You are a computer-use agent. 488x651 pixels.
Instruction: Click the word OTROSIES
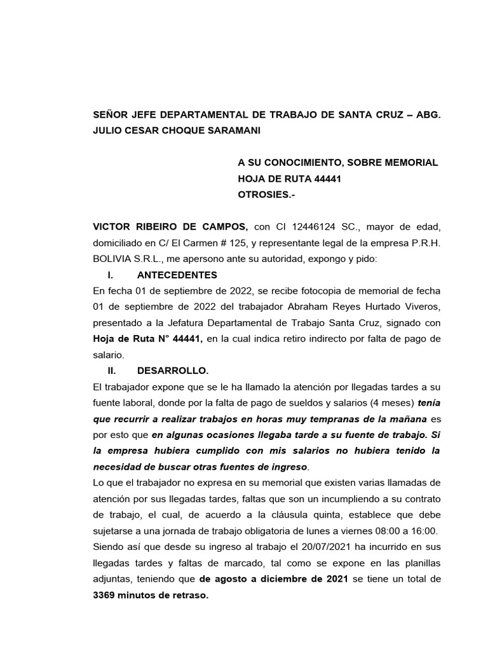click(x=262, y=195)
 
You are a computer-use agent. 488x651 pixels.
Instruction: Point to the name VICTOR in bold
click(x=113, y=227)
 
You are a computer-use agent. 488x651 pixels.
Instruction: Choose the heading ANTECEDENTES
click(x=177, y=275)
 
